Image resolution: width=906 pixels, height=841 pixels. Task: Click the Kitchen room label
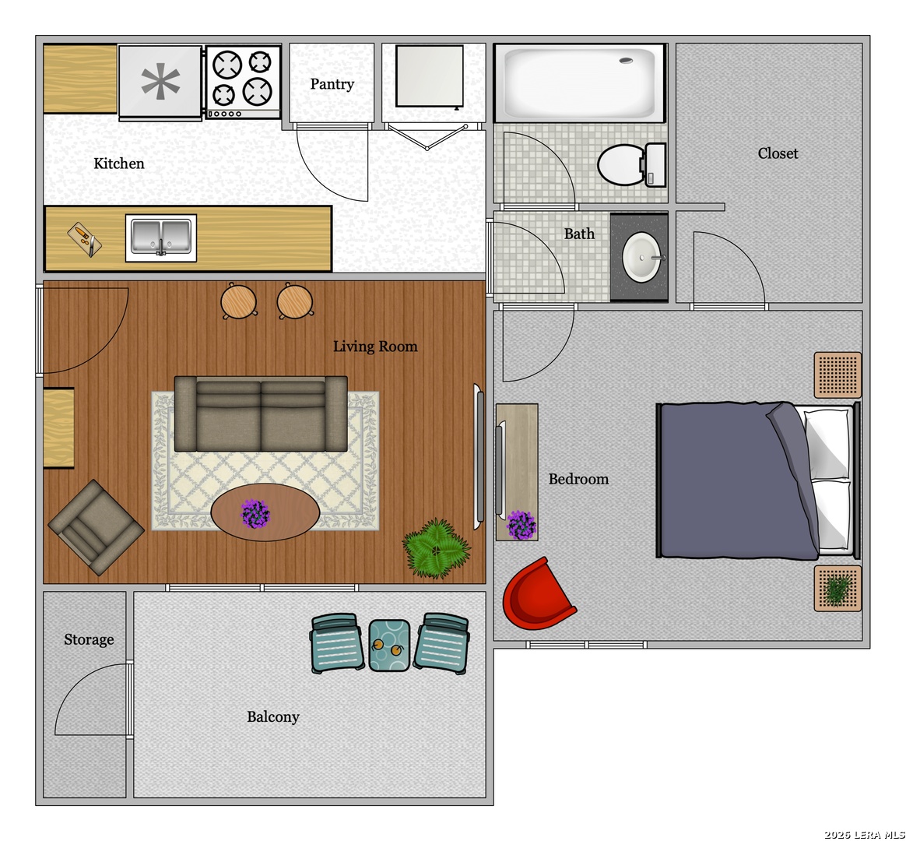click(x=119, y=164)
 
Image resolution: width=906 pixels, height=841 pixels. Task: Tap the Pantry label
click(x=332, y=84)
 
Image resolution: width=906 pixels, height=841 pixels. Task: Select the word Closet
click(x=778, y=153)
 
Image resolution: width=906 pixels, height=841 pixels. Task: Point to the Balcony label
click(x=272, y=717)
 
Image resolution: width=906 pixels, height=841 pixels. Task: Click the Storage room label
click(x=89, y=639)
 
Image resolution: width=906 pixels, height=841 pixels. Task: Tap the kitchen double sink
click(x=161, y=238)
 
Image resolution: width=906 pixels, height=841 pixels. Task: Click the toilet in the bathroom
click(x=631, y=165)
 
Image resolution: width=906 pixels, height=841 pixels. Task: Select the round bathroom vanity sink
click(x=642, y=257)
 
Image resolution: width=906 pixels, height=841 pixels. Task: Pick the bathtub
click(x=580, y=83)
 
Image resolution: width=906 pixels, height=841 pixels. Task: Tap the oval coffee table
click(x=265, y=512)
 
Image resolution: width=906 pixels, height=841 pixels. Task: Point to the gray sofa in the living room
click(x=261, y=413)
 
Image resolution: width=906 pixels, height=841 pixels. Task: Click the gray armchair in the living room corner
click(x=95, y=527)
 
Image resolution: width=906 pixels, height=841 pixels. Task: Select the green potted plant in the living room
click(x=436, y=548)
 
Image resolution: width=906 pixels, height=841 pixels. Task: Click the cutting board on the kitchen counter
click(x=84, y=240)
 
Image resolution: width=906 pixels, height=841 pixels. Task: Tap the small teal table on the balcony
click(x=389, y=646)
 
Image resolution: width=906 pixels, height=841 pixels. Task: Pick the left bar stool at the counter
click(x=239, y=301)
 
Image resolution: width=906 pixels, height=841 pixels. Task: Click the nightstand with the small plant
click(x=838, y=589)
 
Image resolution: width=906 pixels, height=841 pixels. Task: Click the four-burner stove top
click(x=244, y=83)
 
